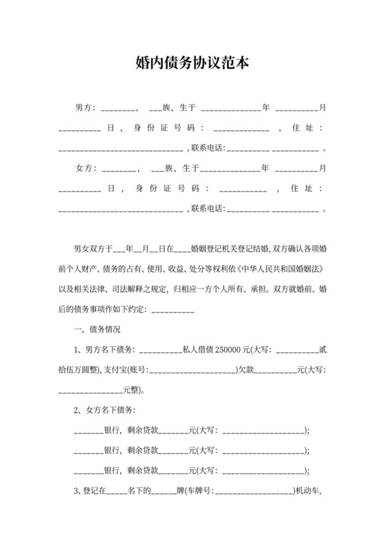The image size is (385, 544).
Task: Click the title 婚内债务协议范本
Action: point(192,64)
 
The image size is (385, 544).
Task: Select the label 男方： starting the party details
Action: point(85,109)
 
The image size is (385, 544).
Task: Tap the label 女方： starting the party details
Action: point(85,168)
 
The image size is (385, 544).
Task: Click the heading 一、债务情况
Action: point(97,330)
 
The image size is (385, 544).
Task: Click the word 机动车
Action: point(307,490)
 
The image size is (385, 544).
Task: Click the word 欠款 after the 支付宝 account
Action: point(247,370)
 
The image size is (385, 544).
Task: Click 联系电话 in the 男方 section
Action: point(208,148)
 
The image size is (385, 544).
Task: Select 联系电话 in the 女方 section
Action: point(208,208)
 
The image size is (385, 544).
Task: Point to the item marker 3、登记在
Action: point(90,490)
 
